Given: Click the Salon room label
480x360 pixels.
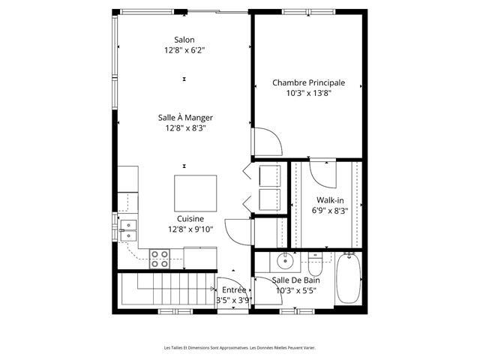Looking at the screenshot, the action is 184,40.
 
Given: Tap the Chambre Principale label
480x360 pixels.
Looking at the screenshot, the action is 308,82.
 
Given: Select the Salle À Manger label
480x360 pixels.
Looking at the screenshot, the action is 185,118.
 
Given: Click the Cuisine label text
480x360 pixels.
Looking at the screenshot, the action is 190,218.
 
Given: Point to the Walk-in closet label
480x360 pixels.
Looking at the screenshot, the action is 330,200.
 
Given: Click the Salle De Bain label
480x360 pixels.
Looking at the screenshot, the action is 295,280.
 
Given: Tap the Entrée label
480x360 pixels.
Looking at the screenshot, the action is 234,290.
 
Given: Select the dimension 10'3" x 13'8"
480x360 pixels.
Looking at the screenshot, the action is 308,93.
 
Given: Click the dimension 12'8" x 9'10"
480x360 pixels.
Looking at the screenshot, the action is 190,229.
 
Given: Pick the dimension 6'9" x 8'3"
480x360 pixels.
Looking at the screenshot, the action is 330,211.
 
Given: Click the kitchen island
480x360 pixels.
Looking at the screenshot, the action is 195,193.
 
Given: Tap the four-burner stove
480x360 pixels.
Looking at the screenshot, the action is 160,259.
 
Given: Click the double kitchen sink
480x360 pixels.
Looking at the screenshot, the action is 128,230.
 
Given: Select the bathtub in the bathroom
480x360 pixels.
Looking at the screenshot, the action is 348,278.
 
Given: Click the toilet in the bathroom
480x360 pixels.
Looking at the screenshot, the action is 315,264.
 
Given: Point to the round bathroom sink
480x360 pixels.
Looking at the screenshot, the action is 285,262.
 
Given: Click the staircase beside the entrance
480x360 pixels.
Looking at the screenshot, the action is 166,289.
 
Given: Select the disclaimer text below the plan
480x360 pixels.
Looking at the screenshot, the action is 240,348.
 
